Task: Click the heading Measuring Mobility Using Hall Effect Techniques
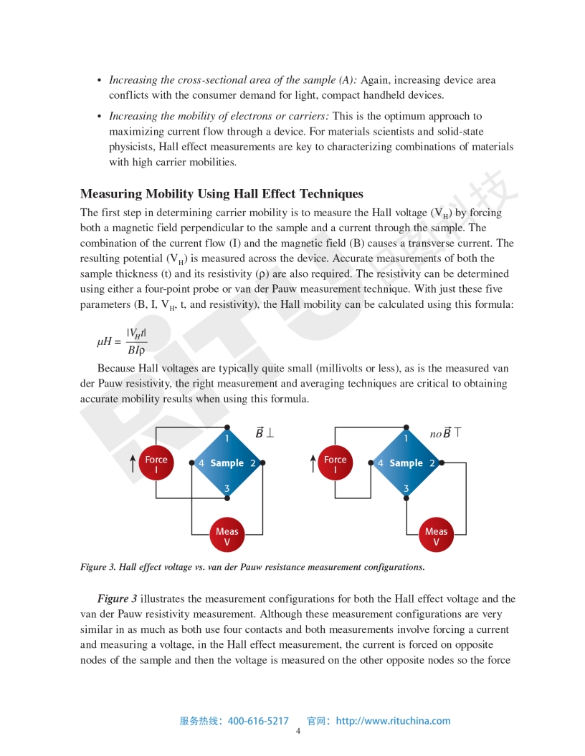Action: [x=222, y=194]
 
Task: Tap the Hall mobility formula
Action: [x=122, y=341]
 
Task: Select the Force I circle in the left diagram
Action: [x=156, y=465]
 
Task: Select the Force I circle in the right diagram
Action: [x=335, y=465]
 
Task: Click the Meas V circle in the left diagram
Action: [x=227, y=536]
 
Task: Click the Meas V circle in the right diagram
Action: [x=436, y=536]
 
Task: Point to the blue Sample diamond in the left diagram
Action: [x=227, y=463]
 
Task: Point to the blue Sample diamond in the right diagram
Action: [x=406, y=463]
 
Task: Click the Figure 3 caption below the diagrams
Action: [x=252, y=567]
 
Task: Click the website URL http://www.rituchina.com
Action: [x=393, y=721]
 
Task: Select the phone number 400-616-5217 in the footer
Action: [x=258, y=721]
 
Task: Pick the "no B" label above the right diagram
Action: [x=444, y=433]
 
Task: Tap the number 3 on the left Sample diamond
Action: [x=227, y=489]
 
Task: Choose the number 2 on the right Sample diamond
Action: [x=432, y=463]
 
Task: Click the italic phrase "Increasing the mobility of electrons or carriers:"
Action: [x=219, y=116]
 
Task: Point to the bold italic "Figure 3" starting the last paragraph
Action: [x=118, y=598]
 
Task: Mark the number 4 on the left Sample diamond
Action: [x=201, y=463]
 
